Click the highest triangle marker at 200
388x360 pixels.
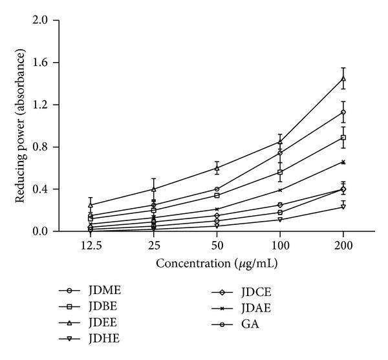pyautogui.click(x=343, y=78)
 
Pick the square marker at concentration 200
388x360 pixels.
pyautogui.click(x=343, y=138)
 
